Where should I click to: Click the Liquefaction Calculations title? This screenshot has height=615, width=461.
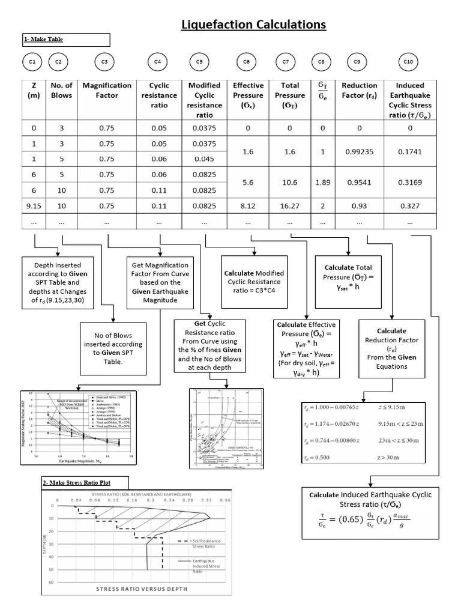[x=254, y=24]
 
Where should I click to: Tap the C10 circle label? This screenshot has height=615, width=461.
[x=409, y=61]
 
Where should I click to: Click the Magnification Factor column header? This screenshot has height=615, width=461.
[x=107, y=90]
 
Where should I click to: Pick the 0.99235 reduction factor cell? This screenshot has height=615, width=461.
[x=360, y=152]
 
